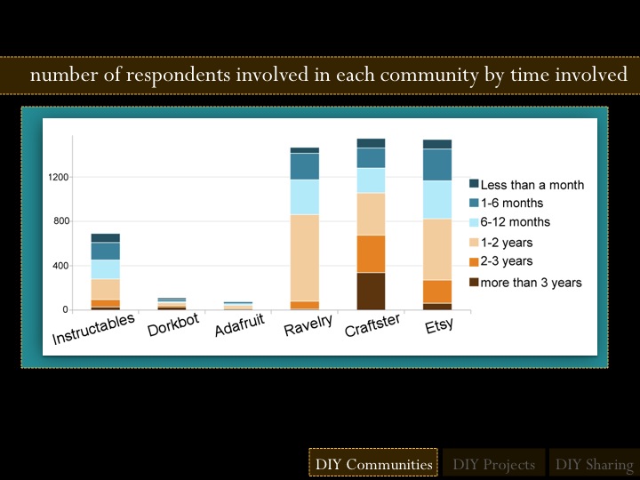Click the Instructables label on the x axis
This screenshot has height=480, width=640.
pos(94,328)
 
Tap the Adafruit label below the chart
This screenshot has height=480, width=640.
pos(240,326)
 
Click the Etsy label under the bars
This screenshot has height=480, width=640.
pos(438,323)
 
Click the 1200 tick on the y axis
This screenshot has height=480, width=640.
pos(59,178)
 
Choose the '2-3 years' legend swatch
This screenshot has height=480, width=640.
pos(475,261)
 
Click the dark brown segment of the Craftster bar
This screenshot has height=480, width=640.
pos(371,291)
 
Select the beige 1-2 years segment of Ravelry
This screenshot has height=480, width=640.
pos(304,258)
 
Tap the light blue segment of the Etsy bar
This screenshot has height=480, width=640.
pos(436,200)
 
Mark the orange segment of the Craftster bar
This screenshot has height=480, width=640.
pos(371,253)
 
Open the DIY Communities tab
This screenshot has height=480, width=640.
pos(373,464)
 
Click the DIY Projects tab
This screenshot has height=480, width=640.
pos(493,464)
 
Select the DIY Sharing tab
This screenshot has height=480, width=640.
pos(594,464)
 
